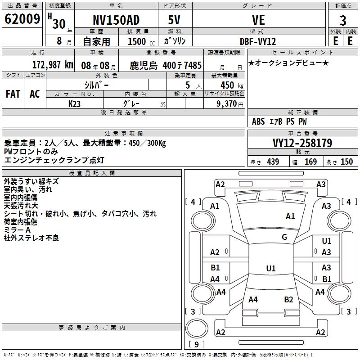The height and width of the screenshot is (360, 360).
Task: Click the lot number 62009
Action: pos(22,20)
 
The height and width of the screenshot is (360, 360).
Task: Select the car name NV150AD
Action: pos(116,21)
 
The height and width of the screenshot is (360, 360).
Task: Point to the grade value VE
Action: pos(258,21)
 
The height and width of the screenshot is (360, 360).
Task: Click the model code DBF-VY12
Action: pos(258,41)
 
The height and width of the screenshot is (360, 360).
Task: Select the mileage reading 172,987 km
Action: pos(53,64)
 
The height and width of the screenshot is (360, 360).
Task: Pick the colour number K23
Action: pos(75,103)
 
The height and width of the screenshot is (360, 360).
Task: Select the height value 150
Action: pos(346,162)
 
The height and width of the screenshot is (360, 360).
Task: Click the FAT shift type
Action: pos(13,94)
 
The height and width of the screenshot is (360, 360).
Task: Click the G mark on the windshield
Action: pos(284,237)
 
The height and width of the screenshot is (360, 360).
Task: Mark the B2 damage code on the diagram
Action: pos(289,300)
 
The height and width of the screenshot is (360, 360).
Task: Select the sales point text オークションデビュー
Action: pos(288,63)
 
